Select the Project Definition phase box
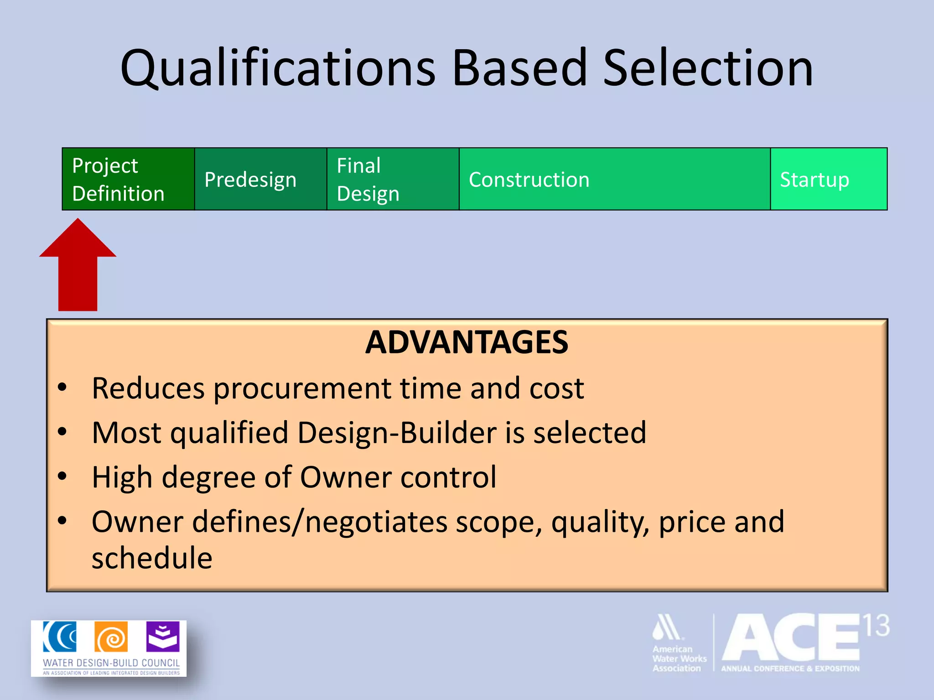click(128, 179)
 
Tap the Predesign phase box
click(260, 179)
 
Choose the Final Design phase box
click(393, 179)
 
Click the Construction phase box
click(614, 179)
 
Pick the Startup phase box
click(828, 179)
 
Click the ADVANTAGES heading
click(467, 342)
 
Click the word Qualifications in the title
click(278, 68)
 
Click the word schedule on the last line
click(152, 558)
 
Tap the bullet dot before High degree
click(62, 477)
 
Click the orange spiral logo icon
click(111, 637)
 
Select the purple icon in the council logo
click(163, 637)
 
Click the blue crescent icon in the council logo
click(60, 637)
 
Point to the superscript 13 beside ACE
click(876, 626)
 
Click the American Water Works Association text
click(678, 659)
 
